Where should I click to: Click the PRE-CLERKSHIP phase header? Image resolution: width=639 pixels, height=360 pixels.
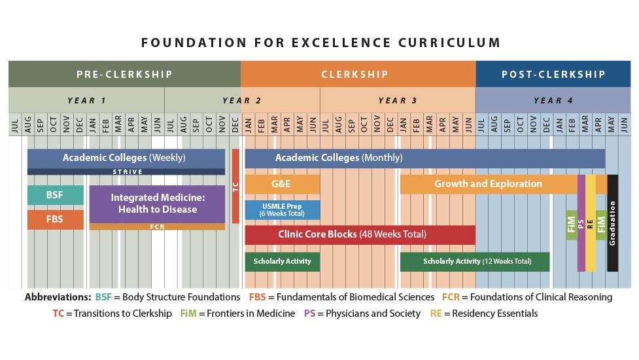tap(124, 74)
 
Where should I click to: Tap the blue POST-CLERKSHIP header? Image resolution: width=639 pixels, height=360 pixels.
tap(553, 74)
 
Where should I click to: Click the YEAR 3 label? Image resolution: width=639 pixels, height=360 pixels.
tap(397, 100)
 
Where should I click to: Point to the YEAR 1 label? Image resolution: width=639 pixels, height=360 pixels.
tap(86, 100)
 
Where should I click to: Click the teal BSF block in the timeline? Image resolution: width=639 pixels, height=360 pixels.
tap(55, 195)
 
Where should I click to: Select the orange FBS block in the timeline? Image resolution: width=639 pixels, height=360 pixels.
tap(55, 219)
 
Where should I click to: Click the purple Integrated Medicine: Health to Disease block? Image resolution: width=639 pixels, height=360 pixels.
tap(157, 204)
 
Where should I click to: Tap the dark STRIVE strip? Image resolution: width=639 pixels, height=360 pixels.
tap(126, 171)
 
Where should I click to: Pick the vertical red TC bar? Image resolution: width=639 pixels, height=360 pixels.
tap(235, 187)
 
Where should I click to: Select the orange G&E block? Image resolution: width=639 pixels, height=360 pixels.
tap(282, 184)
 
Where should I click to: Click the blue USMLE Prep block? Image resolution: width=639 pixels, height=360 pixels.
tap(282, 209)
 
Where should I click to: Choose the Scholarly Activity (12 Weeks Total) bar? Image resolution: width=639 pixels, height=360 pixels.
tap(475, 261)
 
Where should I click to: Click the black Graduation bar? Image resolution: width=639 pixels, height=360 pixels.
tap(612, 223)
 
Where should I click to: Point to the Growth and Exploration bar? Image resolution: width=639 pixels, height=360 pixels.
tap(488, 184)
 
